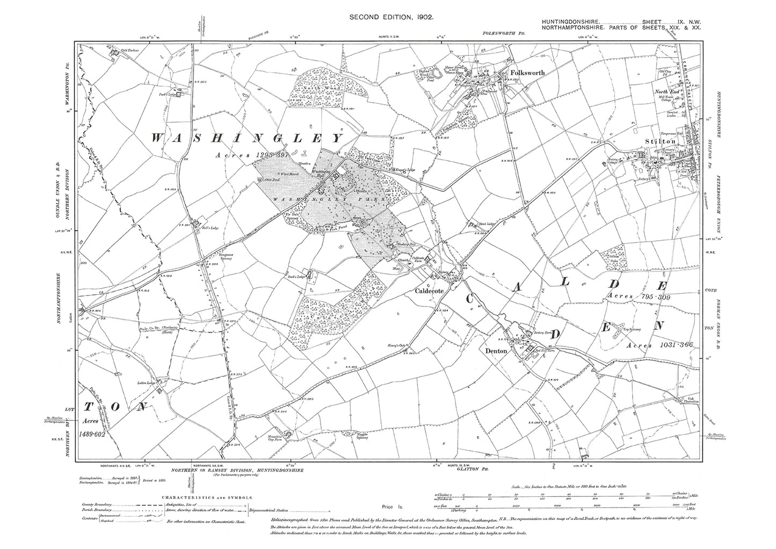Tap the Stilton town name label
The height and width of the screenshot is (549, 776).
point(660,141)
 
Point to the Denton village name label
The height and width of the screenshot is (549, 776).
point(493,350)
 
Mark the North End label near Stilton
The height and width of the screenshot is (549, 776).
point(665,92)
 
